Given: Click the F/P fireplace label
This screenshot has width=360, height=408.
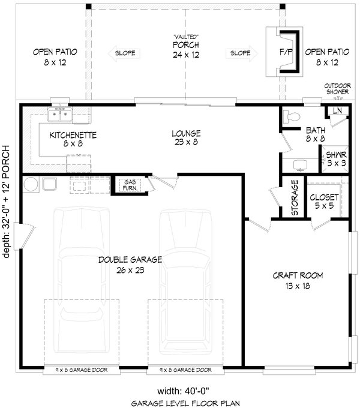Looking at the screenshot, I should tap(285, 53).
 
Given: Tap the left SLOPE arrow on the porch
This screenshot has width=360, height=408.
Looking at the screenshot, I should tap(122, 53).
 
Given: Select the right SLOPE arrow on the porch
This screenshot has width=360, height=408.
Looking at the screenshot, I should tap(239, 53).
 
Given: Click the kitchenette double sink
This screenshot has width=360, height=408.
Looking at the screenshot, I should tap(60, 113).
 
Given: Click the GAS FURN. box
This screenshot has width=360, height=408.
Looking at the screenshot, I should tap(129, 185).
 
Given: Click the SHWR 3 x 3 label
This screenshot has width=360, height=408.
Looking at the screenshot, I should tap(337, 158).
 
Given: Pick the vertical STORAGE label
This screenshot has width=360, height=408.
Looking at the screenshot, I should tap(295, 197).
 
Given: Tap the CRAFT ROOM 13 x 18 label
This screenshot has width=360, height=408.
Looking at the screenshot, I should tap(298, 280).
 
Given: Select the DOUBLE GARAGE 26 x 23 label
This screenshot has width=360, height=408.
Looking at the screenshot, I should tap(130, 265).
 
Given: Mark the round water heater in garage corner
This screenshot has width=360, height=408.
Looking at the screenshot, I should tap(31, 183).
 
